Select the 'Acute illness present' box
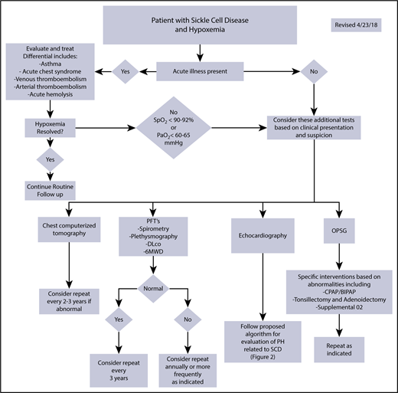point(201,74)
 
